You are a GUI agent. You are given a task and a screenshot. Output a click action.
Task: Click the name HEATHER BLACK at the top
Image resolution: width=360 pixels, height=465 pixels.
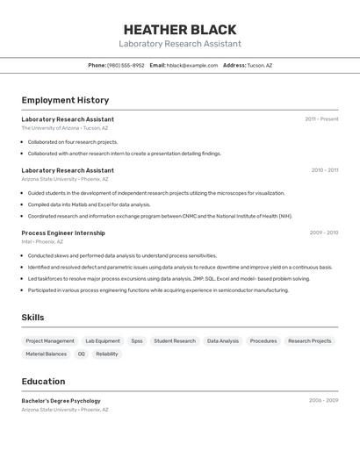(x=179, y=29)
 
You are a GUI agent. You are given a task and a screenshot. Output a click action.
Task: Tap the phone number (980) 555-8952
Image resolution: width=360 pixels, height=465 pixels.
(x=126, y=65)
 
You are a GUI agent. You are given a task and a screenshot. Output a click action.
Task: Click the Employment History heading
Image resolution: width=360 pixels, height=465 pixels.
(x=65, y=100)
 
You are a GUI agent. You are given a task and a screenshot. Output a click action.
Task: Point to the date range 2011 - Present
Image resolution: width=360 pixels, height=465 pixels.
(x=321, y=118)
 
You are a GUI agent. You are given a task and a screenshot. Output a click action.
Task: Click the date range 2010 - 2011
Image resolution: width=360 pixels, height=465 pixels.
(x=324, y=170)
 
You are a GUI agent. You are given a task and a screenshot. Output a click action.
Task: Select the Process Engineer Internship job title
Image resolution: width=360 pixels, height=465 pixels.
(x=63, y=232)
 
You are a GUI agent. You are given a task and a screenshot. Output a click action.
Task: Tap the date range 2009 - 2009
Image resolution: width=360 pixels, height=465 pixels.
(x=324, y=232)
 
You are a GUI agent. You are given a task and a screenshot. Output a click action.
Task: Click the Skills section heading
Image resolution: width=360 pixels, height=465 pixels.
(x=32, y=318)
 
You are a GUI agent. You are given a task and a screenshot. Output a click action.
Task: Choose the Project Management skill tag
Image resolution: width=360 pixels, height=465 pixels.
(x=50, y=340)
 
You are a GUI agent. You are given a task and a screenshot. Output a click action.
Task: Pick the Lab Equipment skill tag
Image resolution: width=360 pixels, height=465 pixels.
(x=103, y=340)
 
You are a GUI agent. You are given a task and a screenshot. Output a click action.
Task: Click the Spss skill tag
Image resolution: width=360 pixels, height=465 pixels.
(x=137, y=340)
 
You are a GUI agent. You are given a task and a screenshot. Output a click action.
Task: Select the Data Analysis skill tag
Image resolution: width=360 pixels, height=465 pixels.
(x=223, y=340)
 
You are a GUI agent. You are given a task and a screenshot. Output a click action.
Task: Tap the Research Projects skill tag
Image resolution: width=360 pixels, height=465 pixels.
(x=310, y=340)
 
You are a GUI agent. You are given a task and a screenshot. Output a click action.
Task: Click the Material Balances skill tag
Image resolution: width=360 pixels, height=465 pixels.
(x=46, y=354)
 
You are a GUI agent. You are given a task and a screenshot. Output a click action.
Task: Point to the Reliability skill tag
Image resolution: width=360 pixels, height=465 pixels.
(x=107, y=354)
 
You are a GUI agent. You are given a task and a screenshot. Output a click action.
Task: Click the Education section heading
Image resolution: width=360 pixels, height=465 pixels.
(x=43, y=381)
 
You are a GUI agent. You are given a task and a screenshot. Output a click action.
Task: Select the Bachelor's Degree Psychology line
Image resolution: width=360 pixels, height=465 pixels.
(x=61, y=401)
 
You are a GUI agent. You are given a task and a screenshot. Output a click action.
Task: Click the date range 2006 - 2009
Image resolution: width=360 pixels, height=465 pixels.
(x=323, y=400)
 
